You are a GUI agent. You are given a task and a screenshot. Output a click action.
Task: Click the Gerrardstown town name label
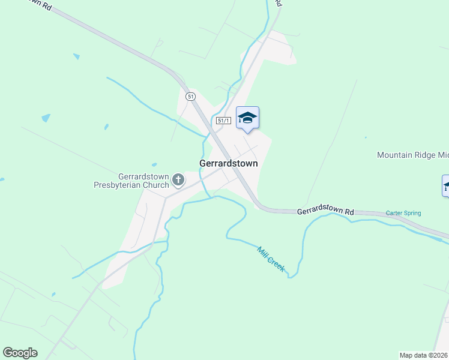pos(228,163)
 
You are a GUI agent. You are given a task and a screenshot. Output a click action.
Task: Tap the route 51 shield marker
pos(190,96)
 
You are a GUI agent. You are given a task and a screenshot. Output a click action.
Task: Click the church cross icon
pos(178,179)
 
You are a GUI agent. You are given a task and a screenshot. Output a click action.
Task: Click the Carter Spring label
pos(403,213)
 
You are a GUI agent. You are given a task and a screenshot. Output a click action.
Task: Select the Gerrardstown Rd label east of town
pos(326,211)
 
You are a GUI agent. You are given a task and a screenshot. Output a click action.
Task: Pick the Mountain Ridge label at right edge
pos(412,155)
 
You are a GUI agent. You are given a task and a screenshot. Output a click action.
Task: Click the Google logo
pos(20,353)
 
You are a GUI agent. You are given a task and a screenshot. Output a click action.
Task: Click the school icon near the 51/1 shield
pos(247,117)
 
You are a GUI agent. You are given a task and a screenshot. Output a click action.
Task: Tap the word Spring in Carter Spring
pos(412,213)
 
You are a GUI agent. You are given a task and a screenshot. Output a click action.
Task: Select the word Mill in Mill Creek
pos(262,251)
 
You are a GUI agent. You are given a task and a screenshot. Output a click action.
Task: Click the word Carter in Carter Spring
pos(393,213)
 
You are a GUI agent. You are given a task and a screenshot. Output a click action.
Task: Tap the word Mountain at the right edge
pos(396,155)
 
